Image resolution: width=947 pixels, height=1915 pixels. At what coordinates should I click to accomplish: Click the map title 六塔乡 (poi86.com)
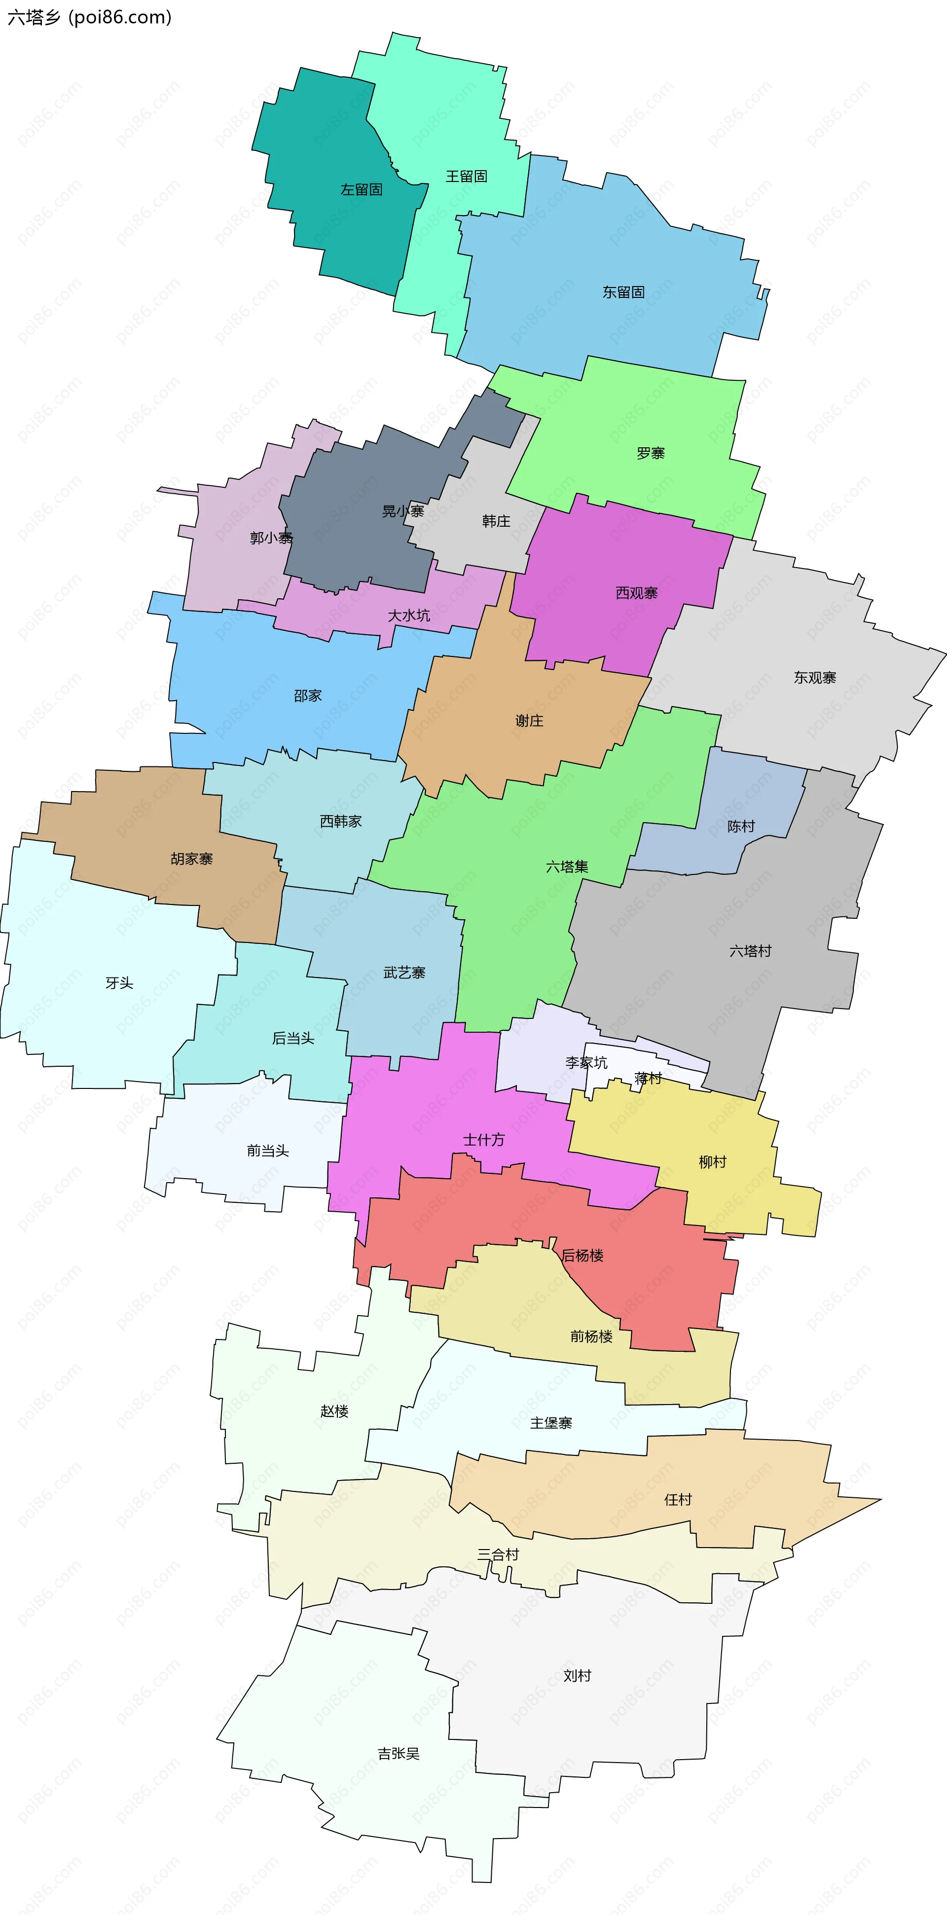pos(89,17)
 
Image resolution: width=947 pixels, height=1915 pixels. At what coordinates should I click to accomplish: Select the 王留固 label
pos(466,176)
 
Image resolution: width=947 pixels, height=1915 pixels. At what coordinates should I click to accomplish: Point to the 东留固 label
pos(623,292)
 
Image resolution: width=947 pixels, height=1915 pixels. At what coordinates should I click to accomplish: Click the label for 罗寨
pos(651,453)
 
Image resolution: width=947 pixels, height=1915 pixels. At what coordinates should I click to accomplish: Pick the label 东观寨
pos(815,677)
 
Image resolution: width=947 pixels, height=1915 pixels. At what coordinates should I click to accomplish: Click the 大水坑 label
pos(409,615)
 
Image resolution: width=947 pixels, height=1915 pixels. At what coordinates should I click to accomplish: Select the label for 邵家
pos(308,696)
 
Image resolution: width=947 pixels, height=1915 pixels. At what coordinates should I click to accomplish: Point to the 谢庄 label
pos(529,721)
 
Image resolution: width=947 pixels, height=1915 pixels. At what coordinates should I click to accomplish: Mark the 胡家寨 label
pos(192,859)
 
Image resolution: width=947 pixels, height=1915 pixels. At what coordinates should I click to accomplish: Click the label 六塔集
pos(567,866)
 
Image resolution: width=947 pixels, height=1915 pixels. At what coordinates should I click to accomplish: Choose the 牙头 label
pos(119,983)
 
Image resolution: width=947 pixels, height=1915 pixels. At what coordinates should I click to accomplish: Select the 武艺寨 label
pos(404,973)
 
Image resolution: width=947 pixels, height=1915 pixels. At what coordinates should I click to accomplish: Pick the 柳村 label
pos(712,1161)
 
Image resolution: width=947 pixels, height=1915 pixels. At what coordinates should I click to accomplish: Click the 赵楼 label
pos(334,1411)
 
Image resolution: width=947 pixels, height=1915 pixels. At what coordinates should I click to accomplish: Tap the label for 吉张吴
pos(399,1754)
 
